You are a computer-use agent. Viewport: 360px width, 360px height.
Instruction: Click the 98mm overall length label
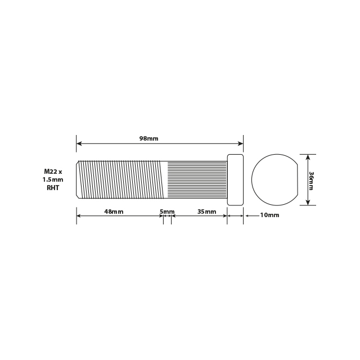pyautogui.click(x=148, y=138)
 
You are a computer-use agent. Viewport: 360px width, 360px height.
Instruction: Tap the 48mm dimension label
pyautogui.click(x=114, y=211)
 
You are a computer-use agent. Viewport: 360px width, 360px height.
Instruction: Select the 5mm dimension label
pyautogui.click(x=167, y=211)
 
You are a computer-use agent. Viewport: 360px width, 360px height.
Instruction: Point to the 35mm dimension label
pyautogui.click(x=206, y=211)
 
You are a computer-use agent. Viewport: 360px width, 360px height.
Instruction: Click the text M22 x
pyautogui.click(x=53, y=170)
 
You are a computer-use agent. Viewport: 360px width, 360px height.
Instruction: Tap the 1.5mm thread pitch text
pyautogui.click(x=53, y=179)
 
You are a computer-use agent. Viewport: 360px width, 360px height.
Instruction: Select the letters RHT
pyautogui.click(x=53, y=188)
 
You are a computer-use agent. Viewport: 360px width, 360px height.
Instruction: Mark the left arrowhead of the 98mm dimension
pyautogui.click(x=79, y=143)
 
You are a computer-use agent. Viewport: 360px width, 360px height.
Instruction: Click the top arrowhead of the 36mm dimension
pyautogui.click(x=308, y=156)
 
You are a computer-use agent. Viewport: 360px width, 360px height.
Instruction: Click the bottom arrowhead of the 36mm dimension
pyautogui.click(x=308, y=203)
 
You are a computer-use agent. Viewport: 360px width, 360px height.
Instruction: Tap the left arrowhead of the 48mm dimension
pyautogui.click(x=79, y=215)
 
